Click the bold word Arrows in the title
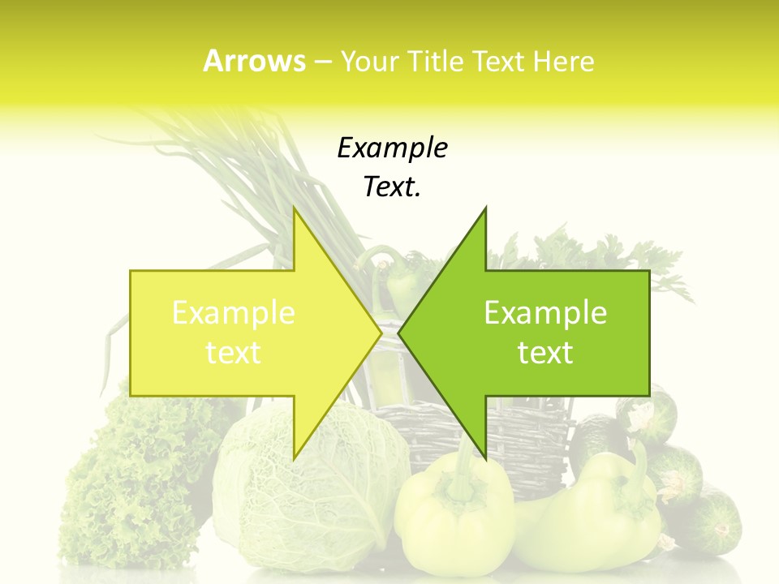(254, 61)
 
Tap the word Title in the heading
(434, 61)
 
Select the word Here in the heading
(563, 61)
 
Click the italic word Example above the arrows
(392, 148)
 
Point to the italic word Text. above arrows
(392, 187)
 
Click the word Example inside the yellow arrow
(234, 313)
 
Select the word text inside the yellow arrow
(234, 353)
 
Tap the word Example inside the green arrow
(545, 313)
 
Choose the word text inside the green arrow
(545, 353)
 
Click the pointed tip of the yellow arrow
(380, 333)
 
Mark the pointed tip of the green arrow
(400, 333)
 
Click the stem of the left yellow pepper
(461, 470)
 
